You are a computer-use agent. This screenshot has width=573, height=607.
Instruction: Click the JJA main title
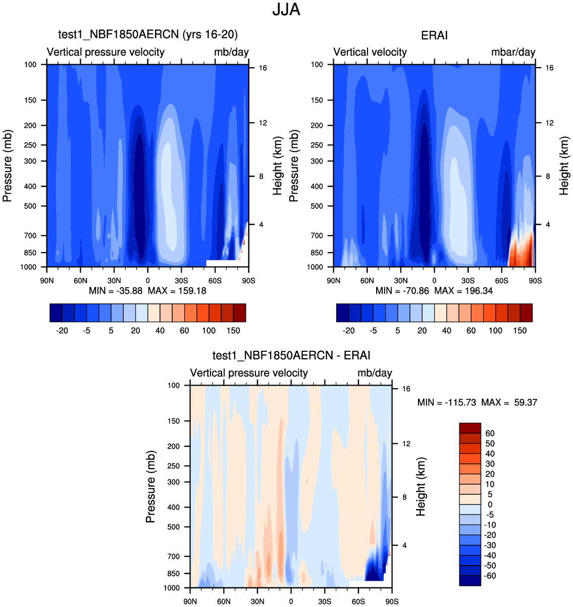tap(286, 10)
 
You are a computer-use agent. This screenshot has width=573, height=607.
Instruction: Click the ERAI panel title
tap(434, 35)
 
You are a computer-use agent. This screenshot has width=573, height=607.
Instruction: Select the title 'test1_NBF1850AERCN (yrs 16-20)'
tap(148, 34)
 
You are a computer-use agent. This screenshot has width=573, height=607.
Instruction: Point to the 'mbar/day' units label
tap(513, 52)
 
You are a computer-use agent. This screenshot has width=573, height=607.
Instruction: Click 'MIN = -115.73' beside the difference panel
tap(447, 403)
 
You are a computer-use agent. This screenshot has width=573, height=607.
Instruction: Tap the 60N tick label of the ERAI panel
tap(367, 281)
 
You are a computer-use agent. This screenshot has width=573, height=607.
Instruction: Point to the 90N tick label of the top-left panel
tap(47, 281)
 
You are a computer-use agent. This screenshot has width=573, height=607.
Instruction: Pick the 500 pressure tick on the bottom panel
tap(173, 527)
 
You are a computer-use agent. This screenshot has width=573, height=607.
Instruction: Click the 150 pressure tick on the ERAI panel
tap(317, 100)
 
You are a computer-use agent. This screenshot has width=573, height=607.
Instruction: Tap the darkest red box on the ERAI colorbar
tap(526, 313)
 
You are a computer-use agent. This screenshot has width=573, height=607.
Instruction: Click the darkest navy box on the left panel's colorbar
tap(56, 313)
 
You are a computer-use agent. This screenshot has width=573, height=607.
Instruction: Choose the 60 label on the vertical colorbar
tap(490, 434)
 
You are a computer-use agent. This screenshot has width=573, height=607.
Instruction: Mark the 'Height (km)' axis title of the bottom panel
tap(421, 487)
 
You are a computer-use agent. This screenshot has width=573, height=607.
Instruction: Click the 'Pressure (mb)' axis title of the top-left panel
tap(7, 166)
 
